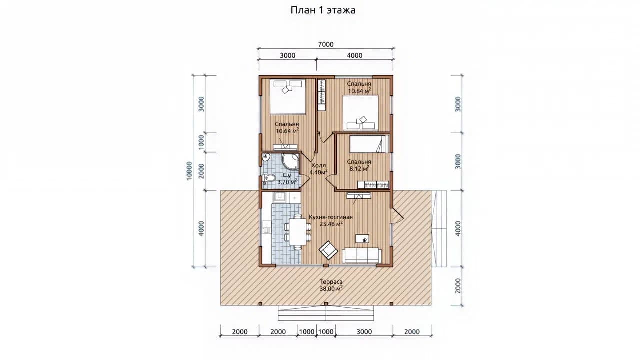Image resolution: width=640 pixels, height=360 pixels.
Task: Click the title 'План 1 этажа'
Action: pos(323,10)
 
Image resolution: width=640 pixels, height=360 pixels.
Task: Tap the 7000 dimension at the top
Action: pos(326,44)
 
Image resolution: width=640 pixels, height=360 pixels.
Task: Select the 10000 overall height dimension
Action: pos(189,171)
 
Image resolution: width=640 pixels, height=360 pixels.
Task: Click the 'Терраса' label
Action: pos(331,282)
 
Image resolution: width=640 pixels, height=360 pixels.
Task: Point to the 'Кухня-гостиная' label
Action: pos(331,217)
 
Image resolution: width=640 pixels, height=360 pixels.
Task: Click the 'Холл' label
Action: pos(318,165)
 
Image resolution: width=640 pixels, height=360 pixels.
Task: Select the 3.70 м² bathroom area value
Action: pos(287,182)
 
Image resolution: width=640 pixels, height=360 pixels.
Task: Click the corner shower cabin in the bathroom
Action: pos(290,162)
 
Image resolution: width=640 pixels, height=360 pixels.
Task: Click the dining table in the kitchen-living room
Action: pos(297,231)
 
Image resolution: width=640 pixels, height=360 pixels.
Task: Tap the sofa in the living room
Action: pos(361,255)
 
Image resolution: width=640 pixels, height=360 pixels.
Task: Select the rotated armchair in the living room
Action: pos(328,250)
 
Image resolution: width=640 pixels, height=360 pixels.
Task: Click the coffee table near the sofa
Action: pos(362,239)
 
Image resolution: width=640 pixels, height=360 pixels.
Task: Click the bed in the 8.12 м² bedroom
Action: pos(369,144)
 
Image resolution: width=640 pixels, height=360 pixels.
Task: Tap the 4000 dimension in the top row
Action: pos(355,55)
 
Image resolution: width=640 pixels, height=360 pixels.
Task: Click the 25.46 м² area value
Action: pos(331,224)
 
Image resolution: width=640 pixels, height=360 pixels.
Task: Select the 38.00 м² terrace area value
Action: pos(331,289)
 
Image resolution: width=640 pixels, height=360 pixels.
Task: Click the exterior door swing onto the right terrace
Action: pos(397,215)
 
